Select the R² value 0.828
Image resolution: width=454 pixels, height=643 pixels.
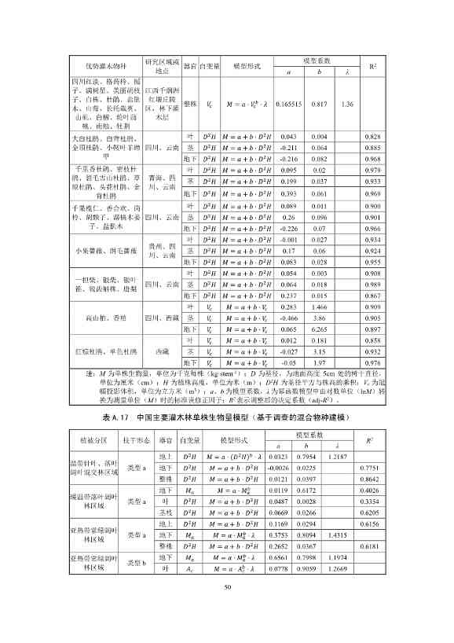click(373, 137)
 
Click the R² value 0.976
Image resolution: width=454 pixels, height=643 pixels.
click(373, 363)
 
